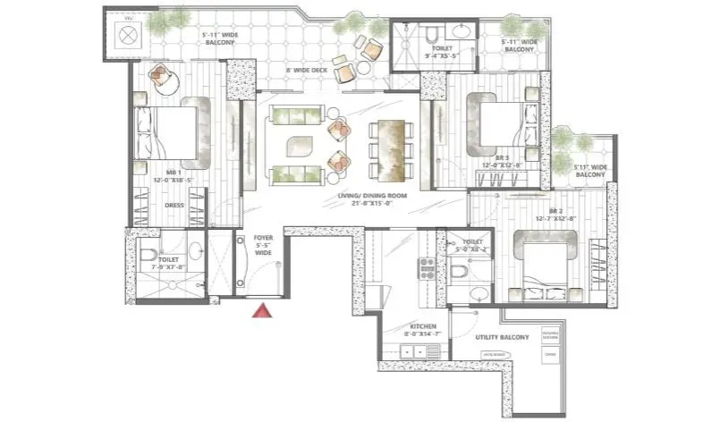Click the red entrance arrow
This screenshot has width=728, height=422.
[x=261, y=310]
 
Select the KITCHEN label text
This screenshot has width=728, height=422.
[x=422, y=327]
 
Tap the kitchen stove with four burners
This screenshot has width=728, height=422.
[x=427, y=265]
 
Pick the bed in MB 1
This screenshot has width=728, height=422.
[x=170, y=131]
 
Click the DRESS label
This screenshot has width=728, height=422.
[x=174, y=205]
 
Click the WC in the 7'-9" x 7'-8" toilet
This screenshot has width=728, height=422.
[x=148, y=257]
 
